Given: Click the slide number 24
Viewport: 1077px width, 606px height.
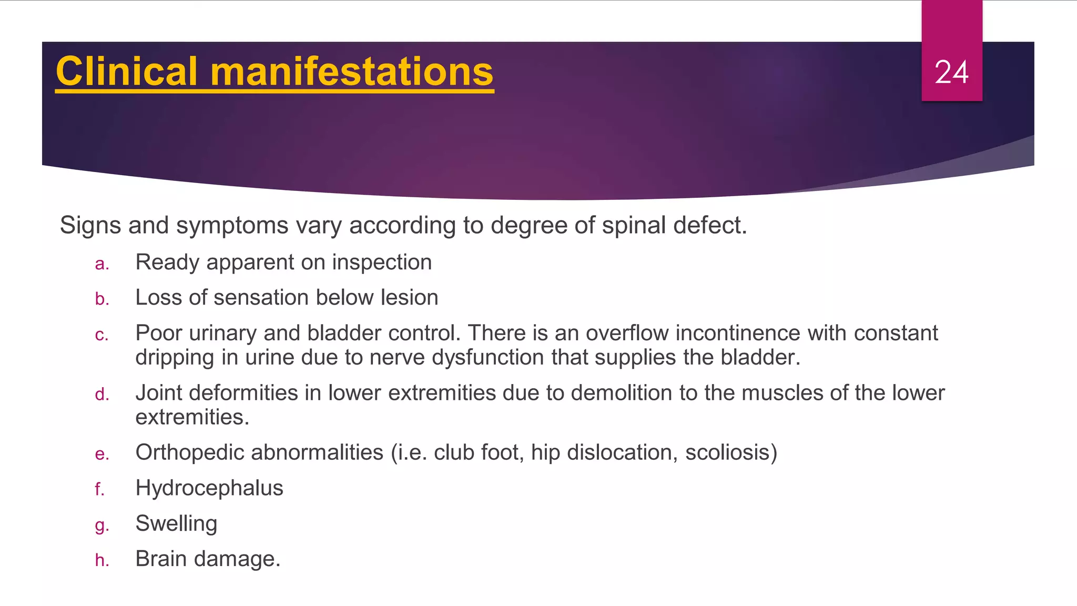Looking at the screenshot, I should pos(951,72).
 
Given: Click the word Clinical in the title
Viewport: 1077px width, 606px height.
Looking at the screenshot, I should pos(127,72).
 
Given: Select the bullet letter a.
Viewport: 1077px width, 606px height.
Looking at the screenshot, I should pos(101,264).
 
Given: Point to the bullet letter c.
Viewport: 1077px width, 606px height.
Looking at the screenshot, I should pos(101,335).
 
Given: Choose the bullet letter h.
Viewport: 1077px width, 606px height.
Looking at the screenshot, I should pos(101,560).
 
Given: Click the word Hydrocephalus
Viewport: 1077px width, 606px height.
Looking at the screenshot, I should pos(209,488).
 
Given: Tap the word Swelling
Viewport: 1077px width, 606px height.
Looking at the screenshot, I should pos(176,523).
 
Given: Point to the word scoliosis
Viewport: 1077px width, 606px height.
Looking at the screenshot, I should pos(728,452).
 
